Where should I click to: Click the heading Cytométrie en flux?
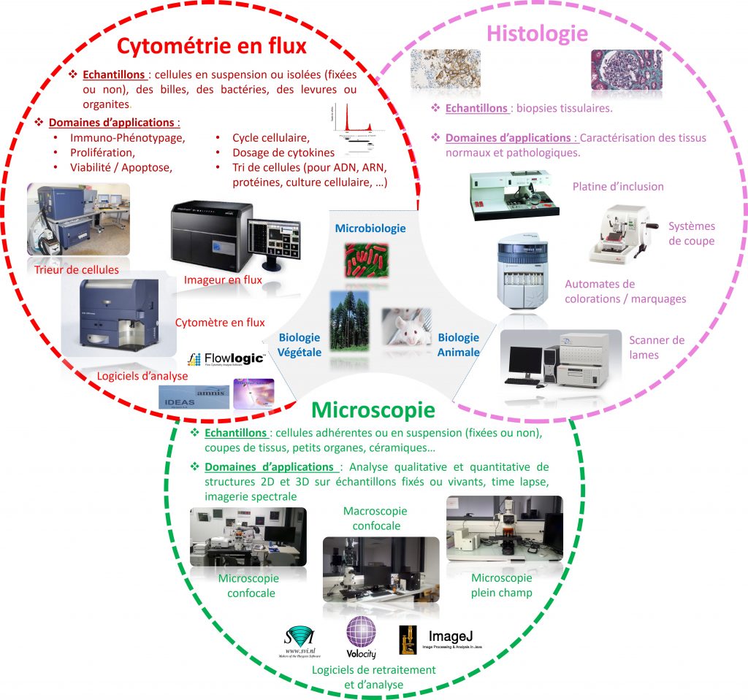212,45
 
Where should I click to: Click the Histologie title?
537,34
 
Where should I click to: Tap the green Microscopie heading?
373,409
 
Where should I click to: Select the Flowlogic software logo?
225,358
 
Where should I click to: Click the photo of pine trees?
349,321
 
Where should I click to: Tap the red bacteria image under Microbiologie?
367,261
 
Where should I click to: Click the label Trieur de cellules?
76,270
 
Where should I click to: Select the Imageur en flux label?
223,280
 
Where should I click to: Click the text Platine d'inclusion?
618,187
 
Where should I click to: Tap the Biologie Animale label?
459,345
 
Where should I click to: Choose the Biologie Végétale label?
299,345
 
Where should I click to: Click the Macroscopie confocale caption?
375,518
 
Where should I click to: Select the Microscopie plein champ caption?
501,585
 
